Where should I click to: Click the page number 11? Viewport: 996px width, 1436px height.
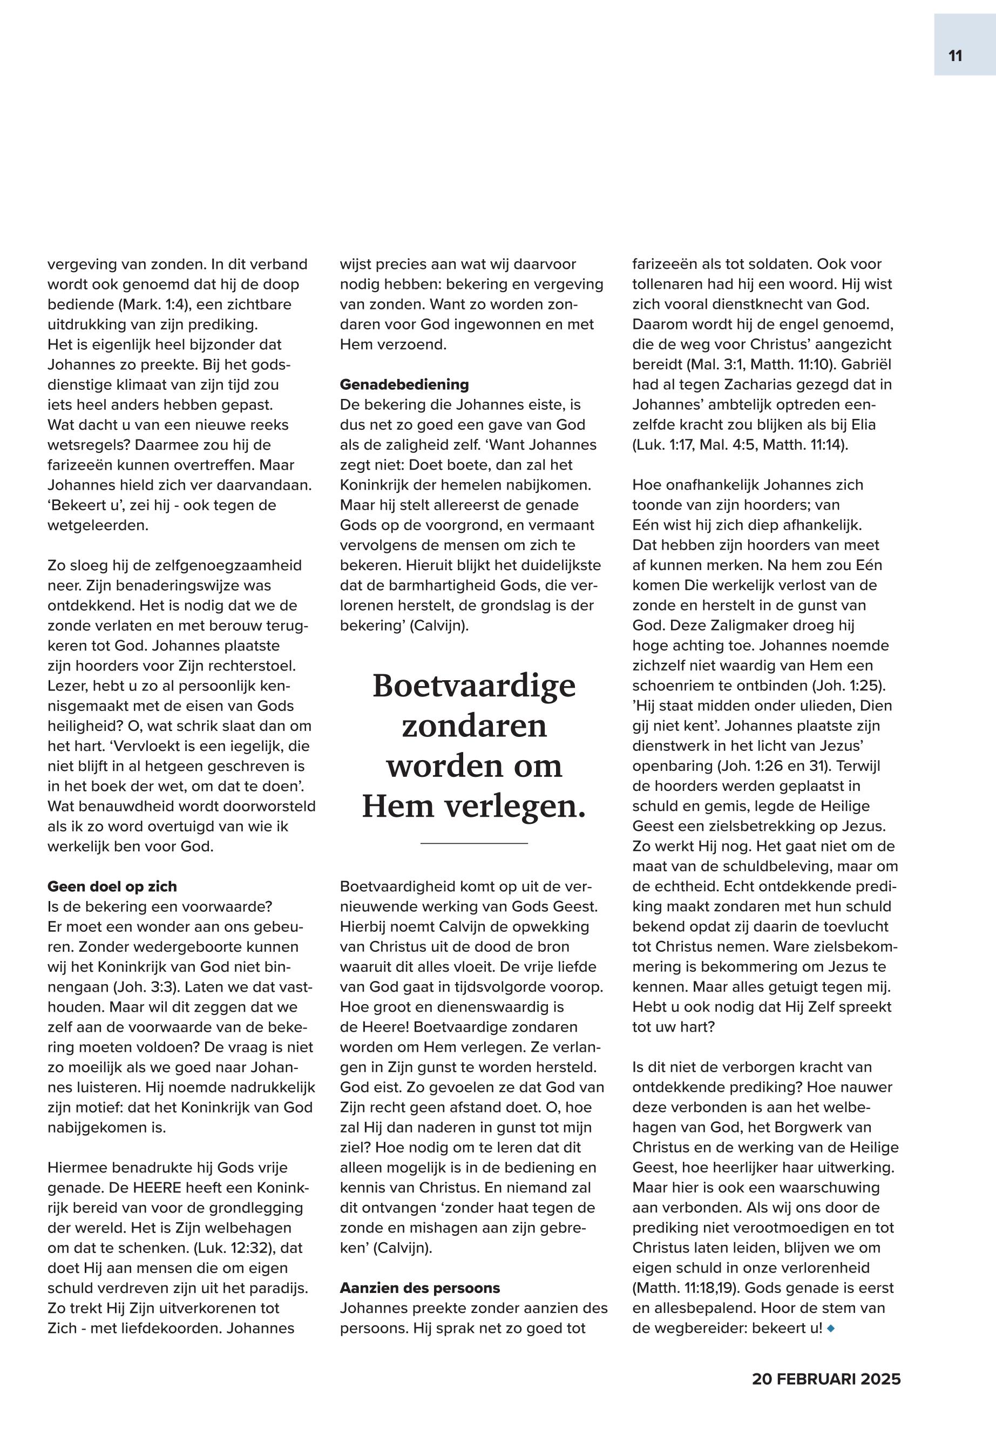(x=955, y=56)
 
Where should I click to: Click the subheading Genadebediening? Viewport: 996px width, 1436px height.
(x=404, y=384)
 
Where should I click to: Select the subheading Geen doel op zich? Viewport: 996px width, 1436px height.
(x=112, y=886)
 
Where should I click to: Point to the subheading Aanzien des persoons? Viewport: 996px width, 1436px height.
(x=419, y=1288)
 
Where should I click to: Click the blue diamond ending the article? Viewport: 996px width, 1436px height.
(x=830, y=1328)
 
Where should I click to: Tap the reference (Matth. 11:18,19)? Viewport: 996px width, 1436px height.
(x=685, y=1288)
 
